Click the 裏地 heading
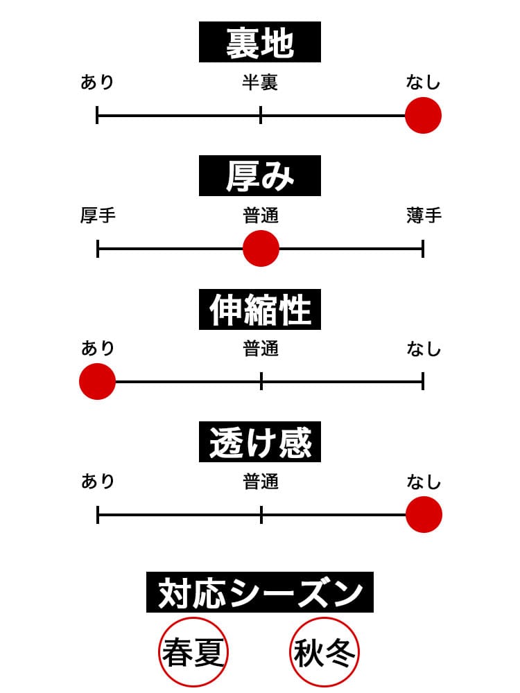(x=260, y=42)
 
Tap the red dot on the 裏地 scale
(x=423, y=115)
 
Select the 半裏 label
(x=260, y=83)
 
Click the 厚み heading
(x=260, y=176)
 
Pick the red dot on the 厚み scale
(x=261, y=248)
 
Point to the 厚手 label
(x=98, y=216)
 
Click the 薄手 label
(x=424, y=216)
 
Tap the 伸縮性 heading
(x=260, y=309)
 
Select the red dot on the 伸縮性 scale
(x=97, y=381)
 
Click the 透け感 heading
(x=260, y=443)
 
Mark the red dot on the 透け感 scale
(x=424, y=515)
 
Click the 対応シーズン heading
(x=260, y=593)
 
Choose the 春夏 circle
(x=193, y=651)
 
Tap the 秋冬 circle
(x=324, y=651)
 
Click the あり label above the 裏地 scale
(x=97, y=83)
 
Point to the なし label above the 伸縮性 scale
(x=424, y=349)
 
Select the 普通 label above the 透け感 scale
(x=261, y=482)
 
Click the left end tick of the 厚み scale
(x=98, y=248)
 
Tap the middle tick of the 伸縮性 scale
(x=261, y=381)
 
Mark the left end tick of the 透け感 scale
(x=98, y=515)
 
